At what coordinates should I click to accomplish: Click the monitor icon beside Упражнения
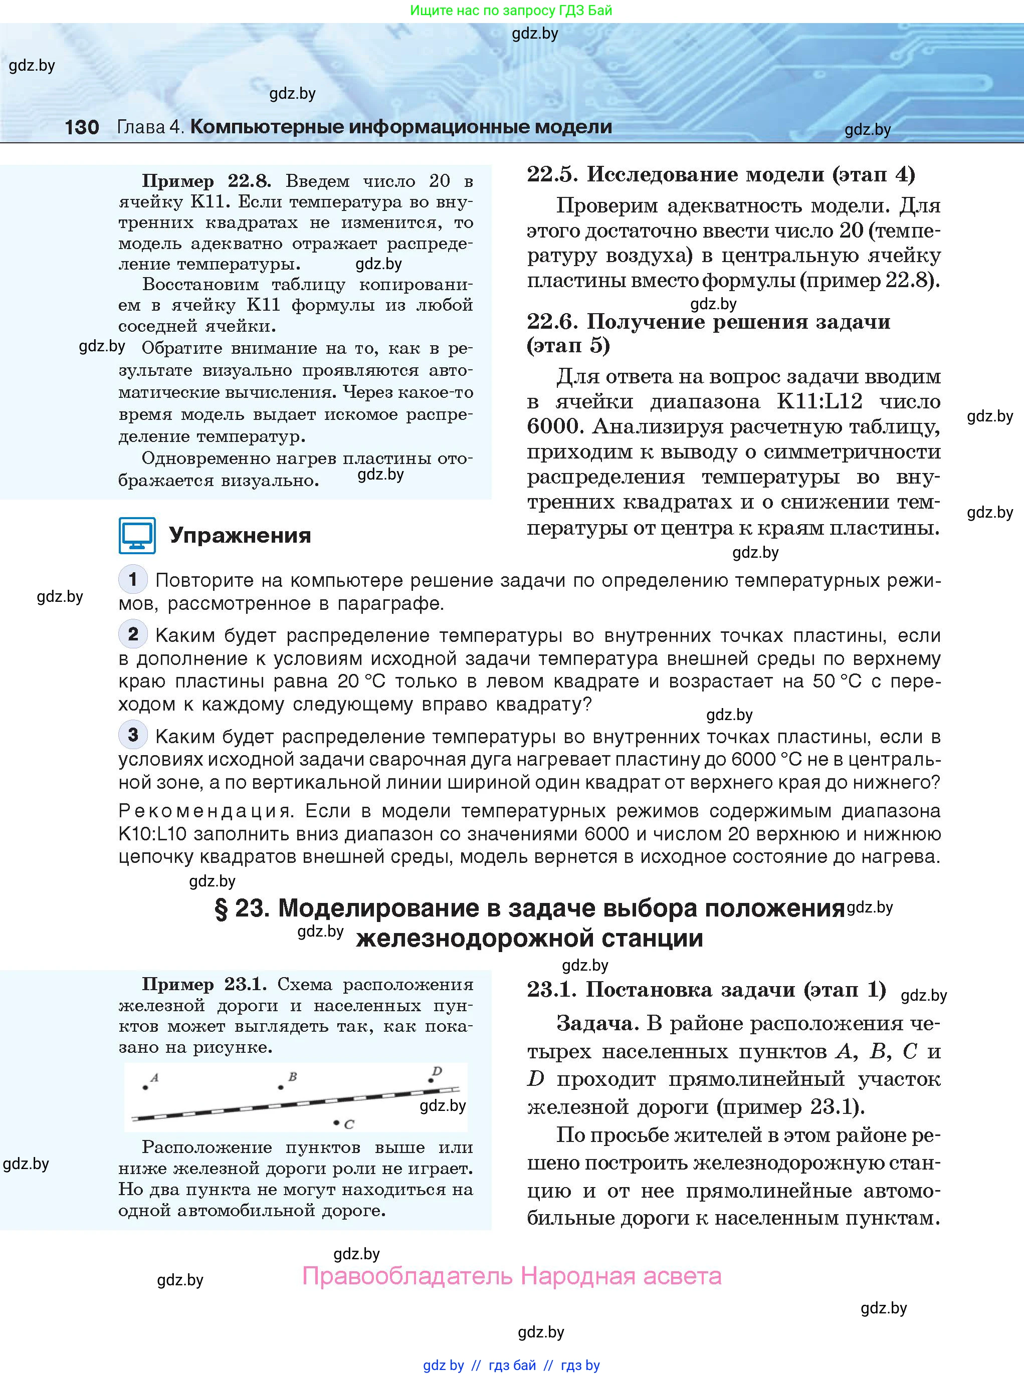point(137,535)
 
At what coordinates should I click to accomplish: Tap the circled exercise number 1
point(133,579)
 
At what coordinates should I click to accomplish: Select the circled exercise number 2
point(133,634)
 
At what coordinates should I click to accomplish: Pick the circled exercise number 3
point(133,735)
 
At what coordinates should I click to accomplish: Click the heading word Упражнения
point(240,535)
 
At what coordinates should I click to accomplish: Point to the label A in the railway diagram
point(155,1077)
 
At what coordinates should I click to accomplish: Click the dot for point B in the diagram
point(281,1087)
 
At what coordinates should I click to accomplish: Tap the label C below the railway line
point(349,1124)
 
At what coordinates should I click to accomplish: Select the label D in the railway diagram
point(437,1071)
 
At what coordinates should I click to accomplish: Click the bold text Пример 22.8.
point(207,181)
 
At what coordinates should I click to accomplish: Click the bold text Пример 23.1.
point(204,984)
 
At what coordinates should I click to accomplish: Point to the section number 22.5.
point(551,175)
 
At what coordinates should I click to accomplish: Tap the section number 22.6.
point(551,322)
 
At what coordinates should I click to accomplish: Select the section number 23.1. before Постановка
point(551,990)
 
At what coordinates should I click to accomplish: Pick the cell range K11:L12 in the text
point(820,401)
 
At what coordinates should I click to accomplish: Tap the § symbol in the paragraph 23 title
point(221,909)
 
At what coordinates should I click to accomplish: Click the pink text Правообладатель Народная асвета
point(511,1276)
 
